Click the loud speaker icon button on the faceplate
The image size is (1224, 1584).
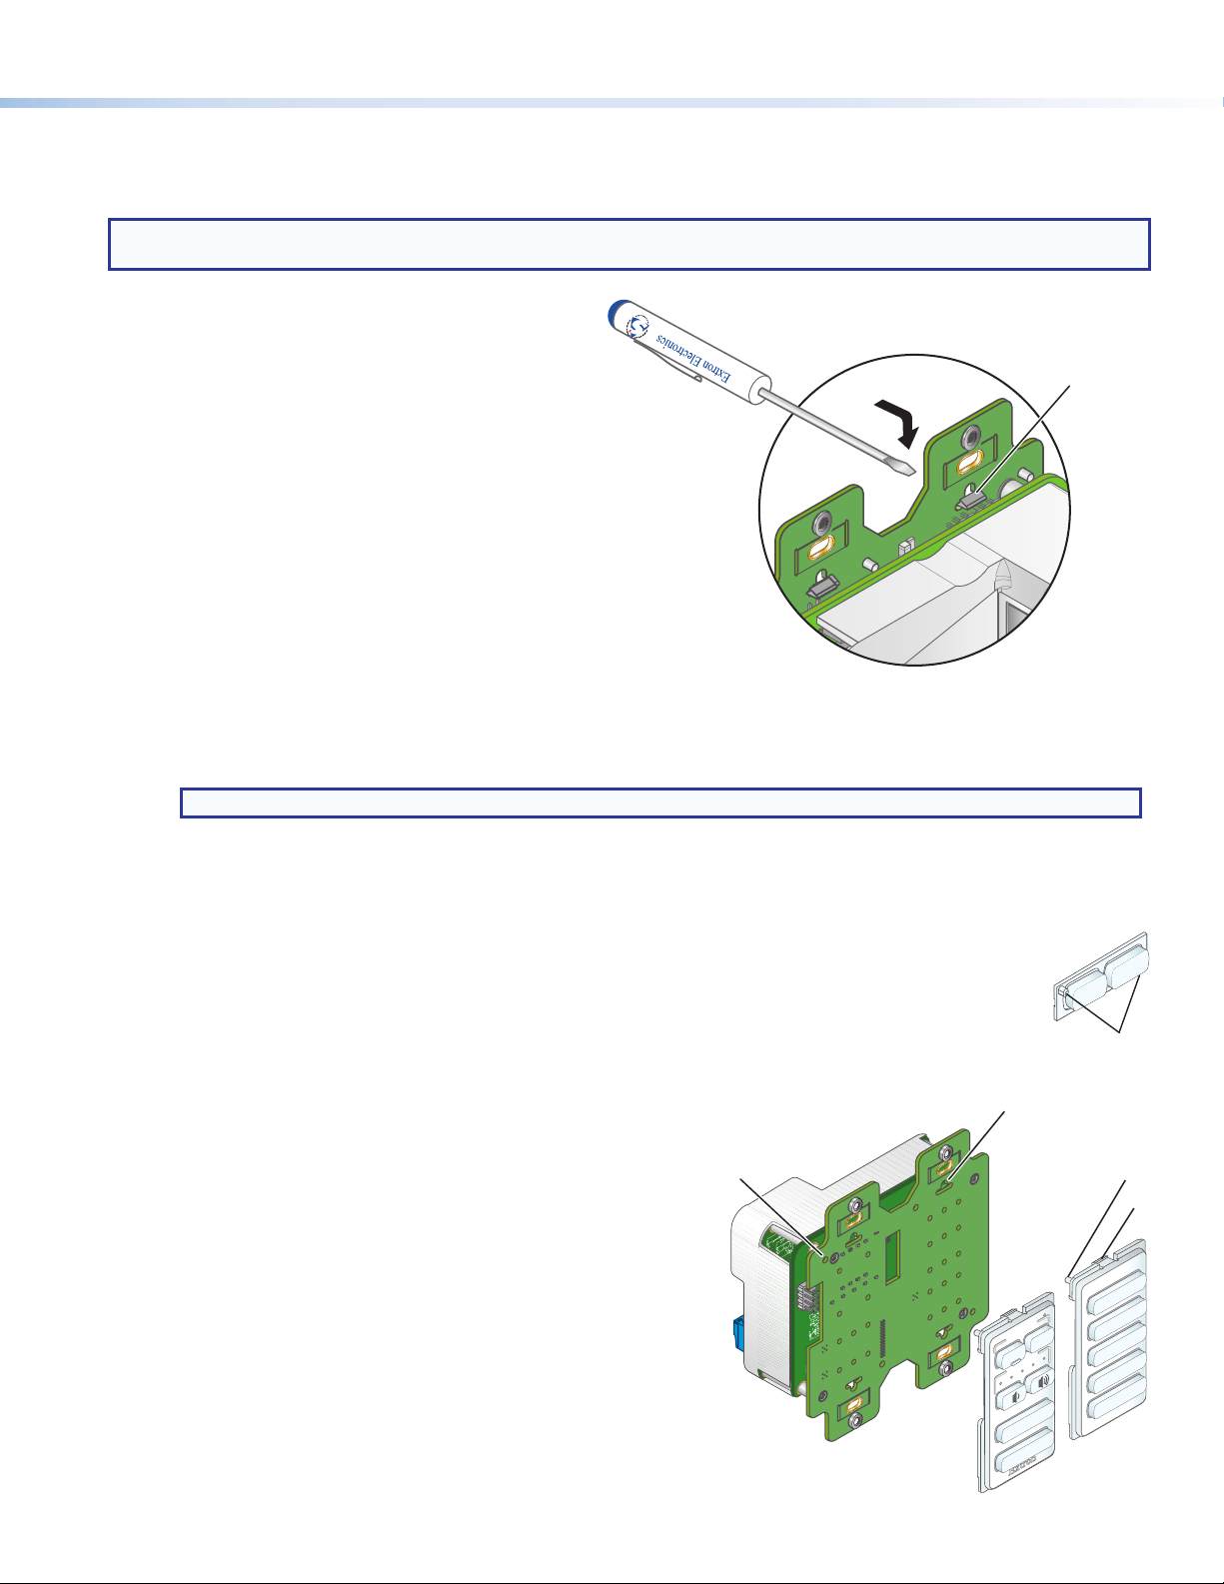pyautogui.click(x=1039, y=1379)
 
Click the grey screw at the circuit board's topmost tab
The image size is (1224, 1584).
pyautogui.click(x=945, y=1154)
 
